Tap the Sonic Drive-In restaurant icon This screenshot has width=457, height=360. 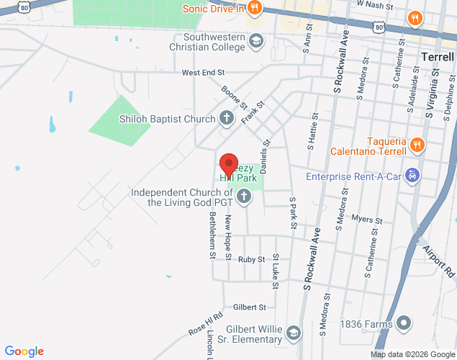point(253,9)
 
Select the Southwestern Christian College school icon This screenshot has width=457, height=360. point(255,42)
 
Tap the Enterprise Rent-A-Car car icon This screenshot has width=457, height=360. point(412,176)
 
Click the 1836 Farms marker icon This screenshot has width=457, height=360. point(404,324)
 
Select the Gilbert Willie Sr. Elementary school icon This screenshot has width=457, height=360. point(293,333)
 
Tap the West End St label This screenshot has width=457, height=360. point(204,73)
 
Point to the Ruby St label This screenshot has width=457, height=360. point(252,259)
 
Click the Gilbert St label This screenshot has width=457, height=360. point(250,307)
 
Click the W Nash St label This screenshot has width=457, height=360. point(375,4)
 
